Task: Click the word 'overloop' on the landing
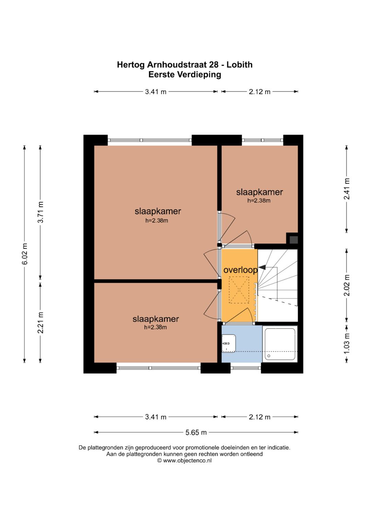coord(240,270)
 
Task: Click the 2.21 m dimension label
coord(41,322)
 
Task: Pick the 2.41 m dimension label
coord(347,189)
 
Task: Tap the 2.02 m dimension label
coord(347,285)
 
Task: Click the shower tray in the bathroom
coord(280,344)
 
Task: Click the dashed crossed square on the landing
coord(239,290)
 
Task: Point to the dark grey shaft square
coord(293,240)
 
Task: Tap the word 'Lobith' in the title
coord(239,65)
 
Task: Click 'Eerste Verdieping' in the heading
coord(185,75)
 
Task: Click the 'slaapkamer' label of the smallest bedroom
coord(259,192)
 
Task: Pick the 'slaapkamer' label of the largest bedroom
coord(158,211)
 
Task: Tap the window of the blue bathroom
coord(246,368)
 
